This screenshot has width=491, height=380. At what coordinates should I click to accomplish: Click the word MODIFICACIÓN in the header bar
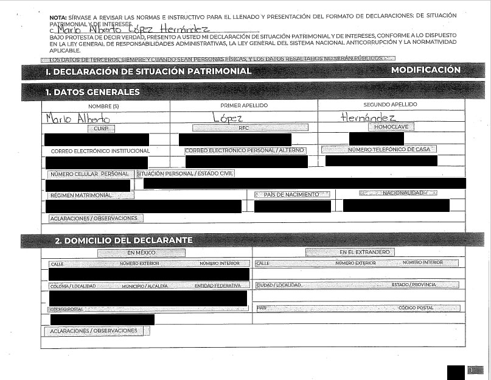point(425,70)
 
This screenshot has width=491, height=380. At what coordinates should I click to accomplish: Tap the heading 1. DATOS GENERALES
point(92,92)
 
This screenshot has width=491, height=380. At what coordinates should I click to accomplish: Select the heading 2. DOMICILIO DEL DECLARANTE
point(124,240)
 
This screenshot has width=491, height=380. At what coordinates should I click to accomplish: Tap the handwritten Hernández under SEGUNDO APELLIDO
point(369,117)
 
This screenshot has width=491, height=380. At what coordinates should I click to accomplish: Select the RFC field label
point(243,128)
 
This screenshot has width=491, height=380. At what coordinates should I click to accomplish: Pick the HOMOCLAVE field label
point(391,127)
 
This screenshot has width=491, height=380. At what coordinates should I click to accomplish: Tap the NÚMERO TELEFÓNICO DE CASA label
point(380,149)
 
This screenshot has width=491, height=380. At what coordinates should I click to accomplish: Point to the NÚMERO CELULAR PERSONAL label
point(89,174)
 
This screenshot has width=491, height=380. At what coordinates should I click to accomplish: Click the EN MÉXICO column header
point(141,252)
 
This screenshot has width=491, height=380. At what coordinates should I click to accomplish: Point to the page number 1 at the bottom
point(473,370)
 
